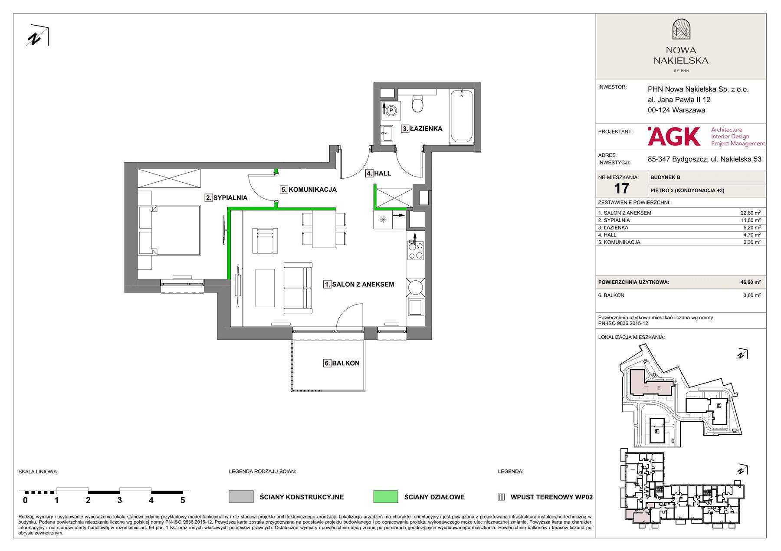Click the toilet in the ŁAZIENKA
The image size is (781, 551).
point(417,103)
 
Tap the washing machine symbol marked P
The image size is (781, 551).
point(391,111)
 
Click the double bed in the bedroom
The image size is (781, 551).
point(169,230)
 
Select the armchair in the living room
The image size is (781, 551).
point(265,241)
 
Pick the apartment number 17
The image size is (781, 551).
point(621,188)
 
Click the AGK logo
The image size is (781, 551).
point(674,136)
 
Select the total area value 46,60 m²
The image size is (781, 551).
point(750,282)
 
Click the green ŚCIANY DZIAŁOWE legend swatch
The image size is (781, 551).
point(385,497)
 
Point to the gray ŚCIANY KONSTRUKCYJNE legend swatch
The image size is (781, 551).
point(241,497)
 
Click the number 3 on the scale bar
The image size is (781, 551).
point(119,500)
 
